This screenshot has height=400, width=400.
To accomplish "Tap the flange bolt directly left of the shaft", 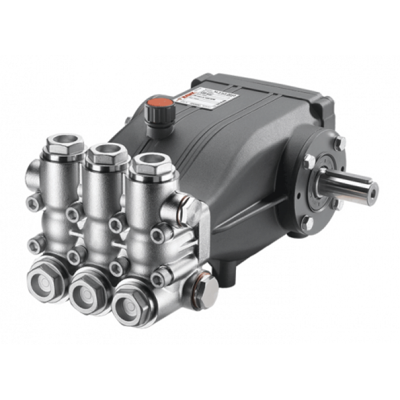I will pyautogui.click(x=309, y=161).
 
